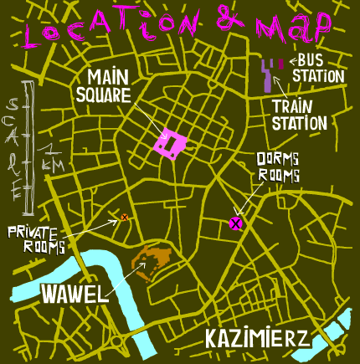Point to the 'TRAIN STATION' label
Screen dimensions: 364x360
click(x=299, y=115)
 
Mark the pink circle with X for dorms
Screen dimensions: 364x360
click(x=236, y=223)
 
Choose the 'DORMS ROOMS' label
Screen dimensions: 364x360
click(x=277, y=167)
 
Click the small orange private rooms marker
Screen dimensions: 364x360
click(x=124, y=218)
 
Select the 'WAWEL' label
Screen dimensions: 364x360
click(x=75, y=293)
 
